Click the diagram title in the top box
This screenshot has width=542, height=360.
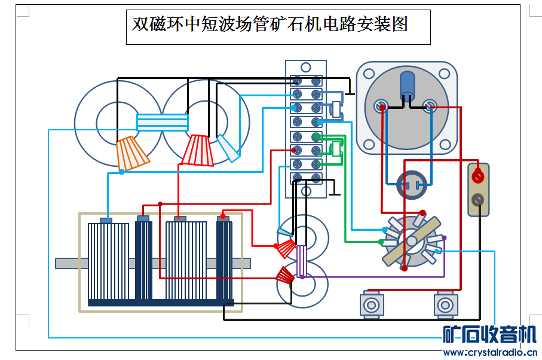coord(270,25)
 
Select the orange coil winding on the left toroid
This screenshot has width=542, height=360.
coord(132,154)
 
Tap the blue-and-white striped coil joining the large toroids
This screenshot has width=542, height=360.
coord(163,122)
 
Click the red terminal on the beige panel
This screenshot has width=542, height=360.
coord(477,176)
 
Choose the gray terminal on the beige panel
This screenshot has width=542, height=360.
coord(477,200)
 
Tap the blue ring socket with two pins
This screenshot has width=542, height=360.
coord(412,185)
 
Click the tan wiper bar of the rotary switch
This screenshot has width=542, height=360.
coord(411,242)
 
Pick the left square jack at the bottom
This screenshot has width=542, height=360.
coord(371,305)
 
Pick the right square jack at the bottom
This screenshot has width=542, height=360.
coord(446,305)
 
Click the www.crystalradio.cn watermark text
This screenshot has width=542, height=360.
coord(489,352)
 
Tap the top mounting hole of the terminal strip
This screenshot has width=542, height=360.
coord(305,68)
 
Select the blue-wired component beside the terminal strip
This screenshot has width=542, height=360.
coord(336,109)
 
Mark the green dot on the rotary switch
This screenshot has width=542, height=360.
coord(381,242)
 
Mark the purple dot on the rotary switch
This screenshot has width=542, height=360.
coord(443,238)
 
